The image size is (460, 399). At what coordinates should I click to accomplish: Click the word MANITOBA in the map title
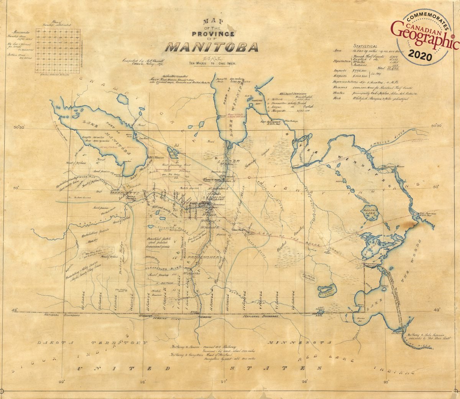[212, 47]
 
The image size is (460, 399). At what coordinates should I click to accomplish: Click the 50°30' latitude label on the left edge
[19, 127]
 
